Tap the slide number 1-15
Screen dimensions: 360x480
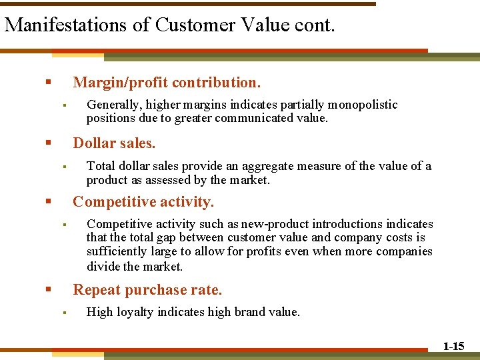click(x=454, y=345)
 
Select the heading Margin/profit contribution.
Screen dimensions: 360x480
click(x=167, y=83)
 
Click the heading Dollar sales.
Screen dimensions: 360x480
click(x=114, y=143)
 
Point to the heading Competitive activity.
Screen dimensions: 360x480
click(x=143, y=201)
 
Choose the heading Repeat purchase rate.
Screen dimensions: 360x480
click(x=147, y=289)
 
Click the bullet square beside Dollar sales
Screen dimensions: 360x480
click(x=48, y=143)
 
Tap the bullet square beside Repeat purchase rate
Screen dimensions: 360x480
click(x=48, y=289)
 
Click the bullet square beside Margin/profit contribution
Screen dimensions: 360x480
click(x=48, y=83)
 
